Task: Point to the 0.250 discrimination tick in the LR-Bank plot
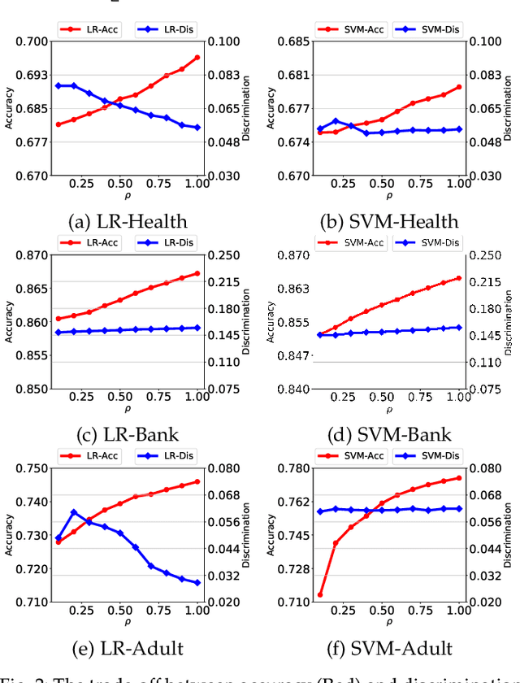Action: [223, 255]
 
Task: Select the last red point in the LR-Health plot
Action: [197, 58]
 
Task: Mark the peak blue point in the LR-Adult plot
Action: [74, 512]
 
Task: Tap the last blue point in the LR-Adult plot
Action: [197, 583]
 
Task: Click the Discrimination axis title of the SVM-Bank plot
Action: [508, 322]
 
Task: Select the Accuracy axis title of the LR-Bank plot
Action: [8, 322]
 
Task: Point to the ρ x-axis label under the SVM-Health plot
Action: [389, 196]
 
